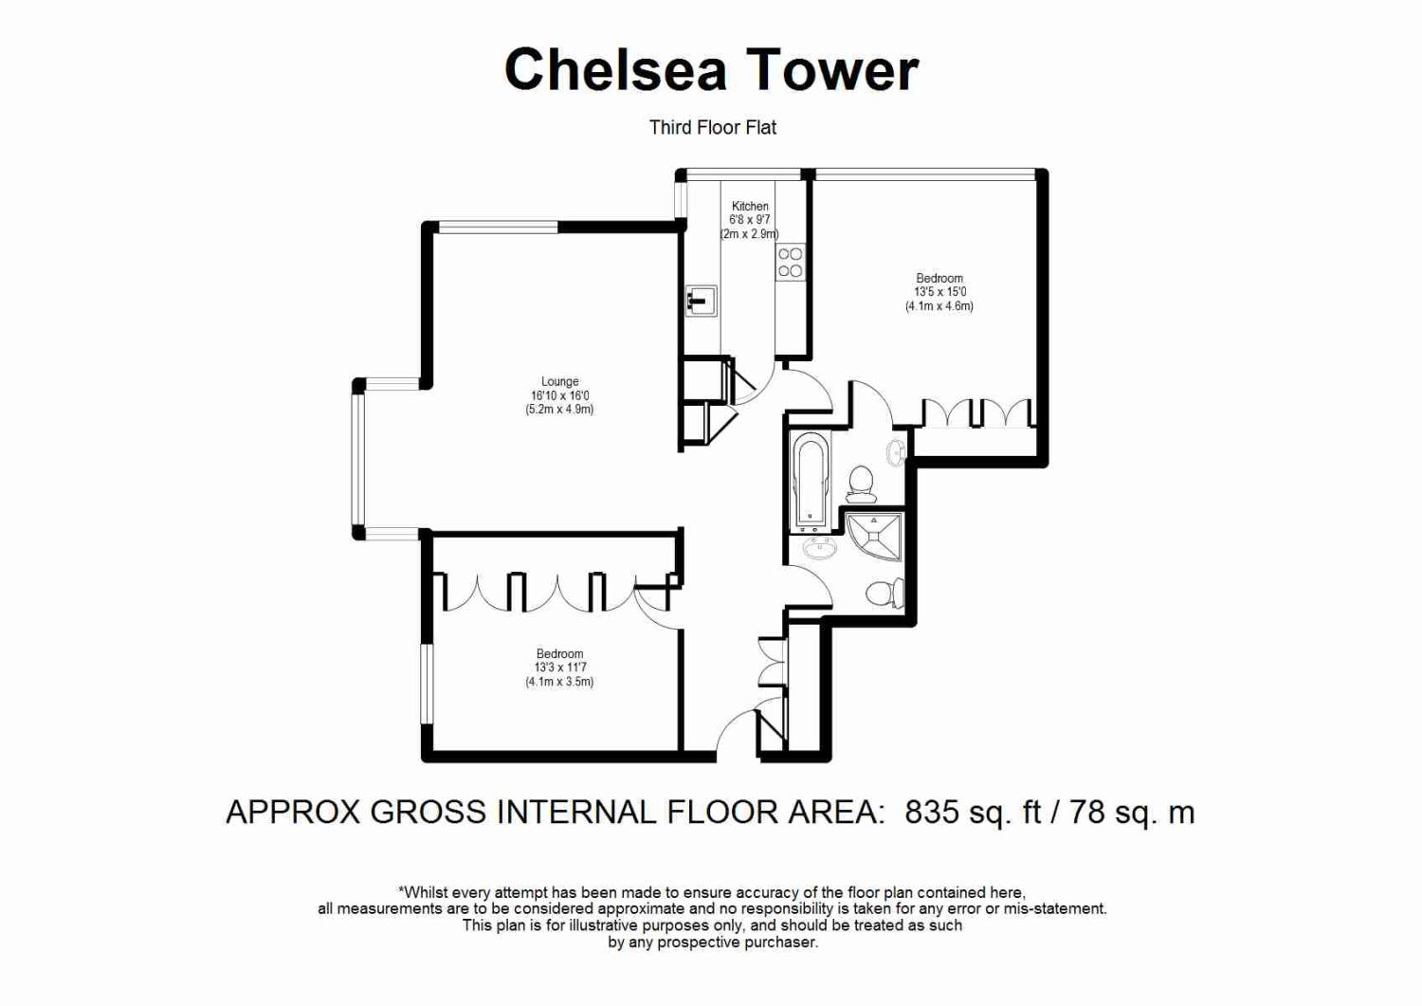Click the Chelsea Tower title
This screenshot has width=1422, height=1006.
pos(711,70)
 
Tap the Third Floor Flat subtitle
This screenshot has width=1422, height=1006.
pos(712,128)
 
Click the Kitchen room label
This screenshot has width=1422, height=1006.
pos(750,206)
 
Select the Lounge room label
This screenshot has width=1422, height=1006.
pos(559,381)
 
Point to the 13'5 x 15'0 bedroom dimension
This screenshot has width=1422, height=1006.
pos(939,292)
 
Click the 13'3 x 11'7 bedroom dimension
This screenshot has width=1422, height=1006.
pos(559,668)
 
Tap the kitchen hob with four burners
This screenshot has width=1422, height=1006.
pos(791,263)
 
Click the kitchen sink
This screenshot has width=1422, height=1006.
pos(702,302)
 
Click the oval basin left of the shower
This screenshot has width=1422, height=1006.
pos(821,547)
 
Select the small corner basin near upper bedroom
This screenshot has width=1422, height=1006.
pos(898,452)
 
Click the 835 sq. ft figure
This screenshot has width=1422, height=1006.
pos(973,813)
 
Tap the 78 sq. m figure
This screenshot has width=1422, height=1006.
pos(1133,813)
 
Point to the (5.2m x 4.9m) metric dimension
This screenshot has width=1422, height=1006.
pos(559,410)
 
